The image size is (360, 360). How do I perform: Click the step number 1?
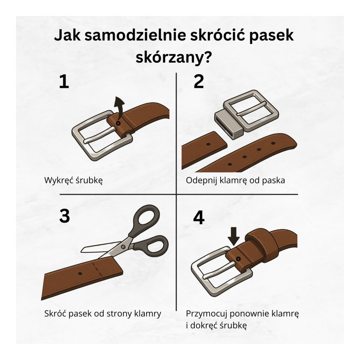64,82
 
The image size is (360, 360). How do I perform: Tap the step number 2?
198,82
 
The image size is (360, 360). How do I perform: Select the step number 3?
64,216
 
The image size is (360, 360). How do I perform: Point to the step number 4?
198,218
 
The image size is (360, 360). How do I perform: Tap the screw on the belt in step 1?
118,123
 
